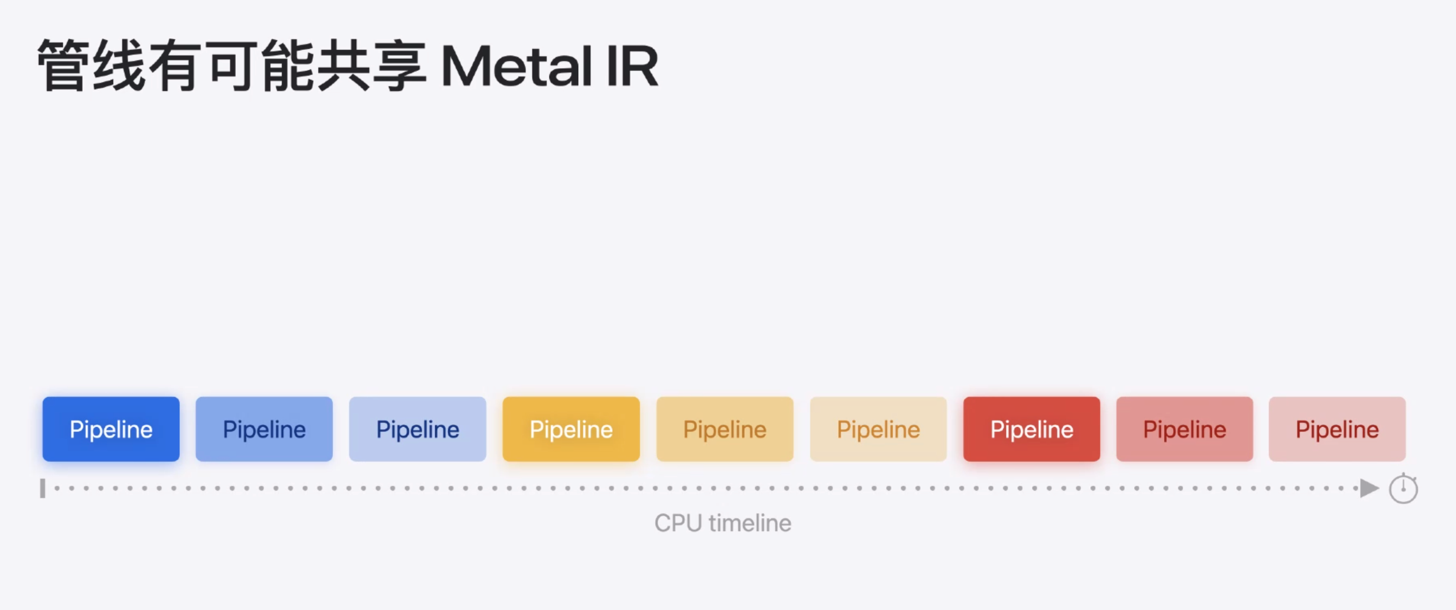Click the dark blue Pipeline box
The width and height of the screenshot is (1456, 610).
(x=111, y=429)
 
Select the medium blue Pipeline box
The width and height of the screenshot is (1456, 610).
(x=264, y=429)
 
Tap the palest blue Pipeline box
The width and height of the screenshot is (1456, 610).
(x=418, y=429)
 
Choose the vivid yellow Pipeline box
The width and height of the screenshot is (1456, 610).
(x=571, y=429)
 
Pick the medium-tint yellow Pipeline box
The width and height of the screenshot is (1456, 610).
(x=725, y=429)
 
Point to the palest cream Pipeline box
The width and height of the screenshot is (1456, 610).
(x=878, y=429)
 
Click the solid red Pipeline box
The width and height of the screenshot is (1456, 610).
(x=1032, y=429)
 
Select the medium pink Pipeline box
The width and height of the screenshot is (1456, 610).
(x=1185, y=429)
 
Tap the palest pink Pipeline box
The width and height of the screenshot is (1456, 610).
(x=1337, y=429)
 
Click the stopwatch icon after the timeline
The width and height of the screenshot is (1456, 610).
(x=1403, y=489)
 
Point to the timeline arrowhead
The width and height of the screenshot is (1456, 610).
(x=1369, y=488)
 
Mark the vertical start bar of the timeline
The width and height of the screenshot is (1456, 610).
(x=42, y=488)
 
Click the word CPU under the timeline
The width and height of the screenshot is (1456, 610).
(x=678, y=523)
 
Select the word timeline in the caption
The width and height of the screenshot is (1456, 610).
(x=750, y=523)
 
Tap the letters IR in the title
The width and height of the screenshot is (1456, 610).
(x=633, y=67)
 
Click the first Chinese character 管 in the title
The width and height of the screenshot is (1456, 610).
(x=63, y=65)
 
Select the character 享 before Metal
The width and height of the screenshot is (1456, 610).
(x=400, y=65)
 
